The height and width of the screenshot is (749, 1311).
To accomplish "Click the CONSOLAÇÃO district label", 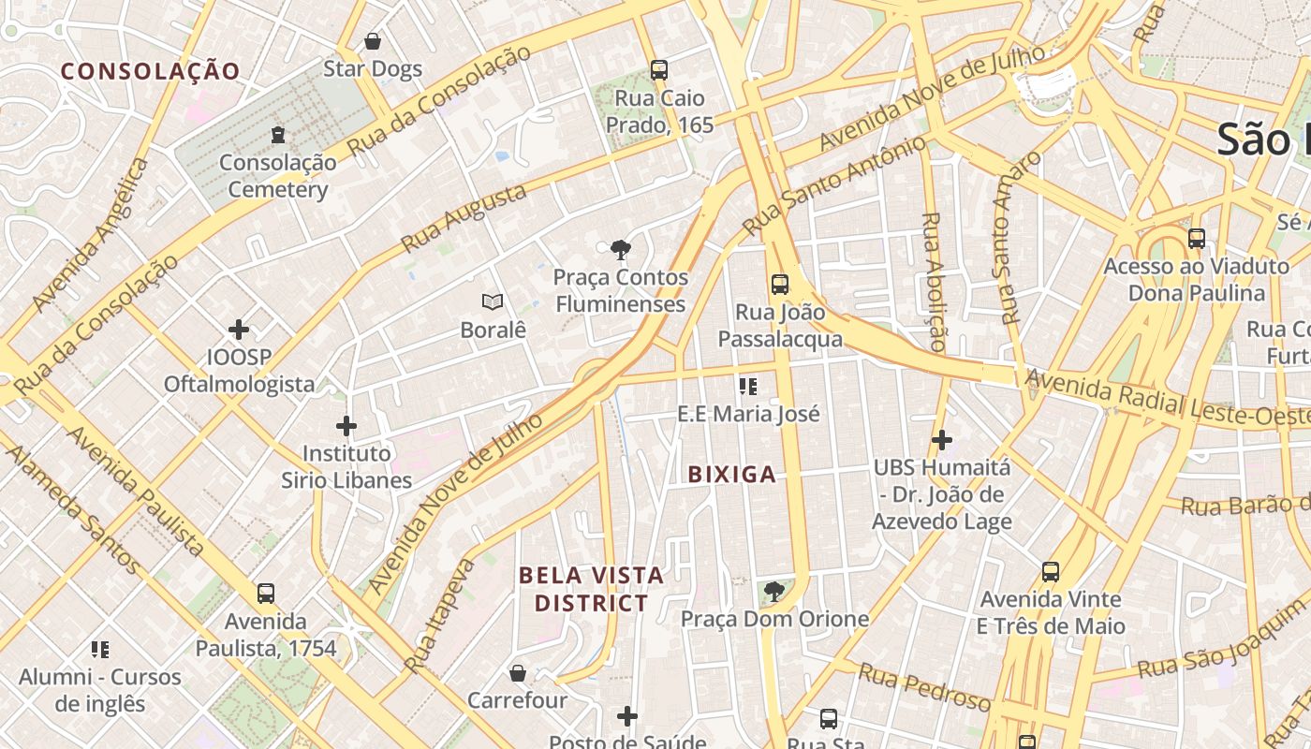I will coord(150,71).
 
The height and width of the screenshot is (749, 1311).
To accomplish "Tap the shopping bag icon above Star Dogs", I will coord(373,41).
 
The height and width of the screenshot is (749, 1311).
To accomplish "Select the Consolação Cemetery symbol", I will coord(278,135).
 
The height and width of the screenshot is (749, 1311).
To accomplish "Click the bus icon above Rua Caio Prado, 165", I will coord(659,69).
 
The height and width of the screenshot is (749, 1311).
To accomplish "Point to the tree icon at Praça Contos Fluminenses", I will coord(620,249).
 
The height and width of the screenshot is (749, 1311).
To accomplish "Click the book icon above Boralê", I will coord(493,301).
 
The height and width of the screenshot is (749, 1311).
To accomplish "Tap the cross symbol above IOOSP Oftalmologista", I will coord(239,329).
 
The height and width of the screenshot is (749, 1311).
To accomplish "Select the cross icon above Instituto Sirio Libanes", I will coord(346,426).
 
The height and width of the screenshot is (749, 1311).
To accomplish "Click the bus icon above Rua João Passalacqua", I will coord(780,285).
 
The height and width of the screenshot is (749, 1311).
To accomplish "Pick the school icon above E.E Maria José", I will coord(747,386).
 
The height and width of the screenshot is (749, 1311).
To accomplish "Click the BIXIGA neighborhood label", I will coord(732,475).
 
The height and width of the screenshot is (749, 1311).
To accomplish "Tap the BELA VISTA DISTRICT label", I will coord(591,589).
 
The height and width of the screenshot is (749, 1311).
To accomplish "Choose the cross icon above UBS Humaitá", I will coord(942,439).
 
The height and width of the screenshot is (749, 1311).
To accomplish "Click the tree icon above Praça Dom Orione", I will coord(773,591).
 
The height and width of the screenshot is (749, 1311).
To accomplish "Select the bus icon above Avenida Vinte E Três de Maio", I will coord(1051,571).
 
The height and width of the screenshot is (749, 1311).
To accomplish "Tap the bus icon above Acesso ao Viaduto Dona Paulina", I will coord(1197,238).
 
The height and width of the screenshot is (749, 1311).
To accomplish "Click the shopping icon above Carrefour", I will coord(518,673).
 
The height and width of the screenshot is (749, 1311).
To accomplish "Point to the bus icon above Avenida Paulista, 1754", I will coord(266,593).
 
